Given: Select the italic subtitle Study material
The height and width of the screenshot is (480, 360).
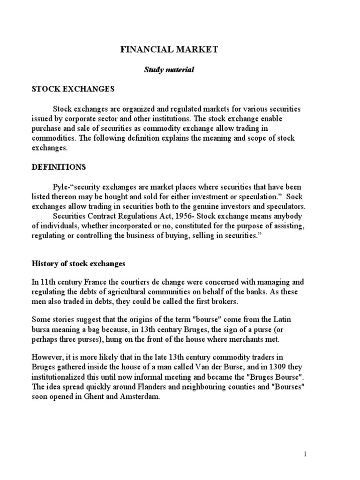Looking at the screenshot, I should pyautogui.click(x=168, y=69).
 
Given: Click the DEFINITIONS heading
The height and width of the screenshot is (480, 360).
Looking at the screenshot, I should pyautogui.click(x=59, y=166).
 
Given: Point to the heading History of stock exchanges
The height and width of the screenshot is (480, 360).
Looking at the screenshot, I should pyautogui.click(x=78, y=263).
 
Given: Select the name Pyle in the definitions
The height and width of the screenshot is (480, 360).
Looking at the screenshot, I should pyautogui.click(x=60, y=186).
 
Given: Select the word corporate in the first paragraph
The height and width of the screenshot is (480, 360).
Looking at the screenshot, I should pyautogui.click(x=87, y=118).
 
